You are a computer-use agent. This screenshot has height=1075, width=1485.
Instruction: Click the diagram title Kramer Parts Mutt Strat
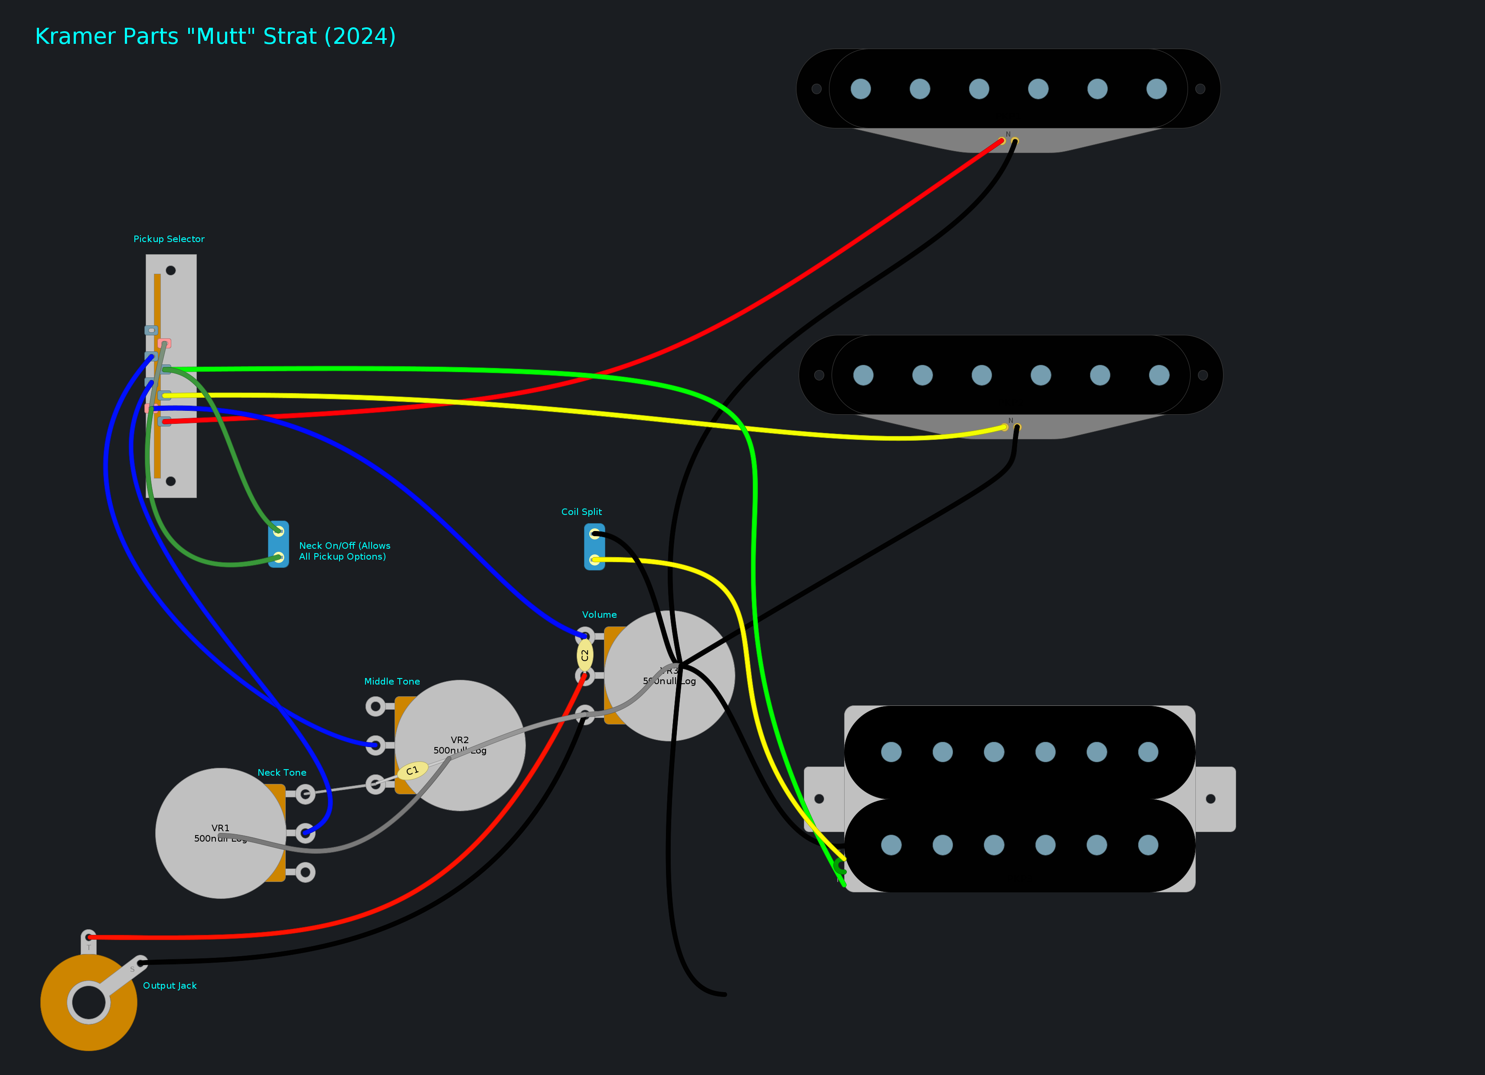coord(215,37)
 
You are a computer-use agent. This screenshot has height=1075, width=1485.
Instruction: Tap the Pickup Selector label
coord(169,239)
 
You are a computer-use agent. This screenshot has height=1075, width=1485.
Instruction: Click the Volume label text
coord(599,614)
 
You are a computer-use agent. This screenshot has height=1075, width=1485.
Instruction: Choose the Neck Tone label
coord(281,772)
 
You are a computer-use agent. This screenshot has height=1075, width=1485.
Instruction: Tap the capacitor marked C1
coord(412,770)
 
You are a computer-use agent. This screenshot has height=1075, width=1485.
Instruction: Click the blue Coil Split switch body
coord(594,547)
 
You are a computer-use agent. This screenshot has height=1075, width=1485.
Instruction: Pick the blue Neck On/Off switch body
coord(278,544)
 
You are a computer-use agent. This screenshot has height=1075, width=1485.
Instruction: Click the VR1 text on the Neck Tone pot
coord(221,828)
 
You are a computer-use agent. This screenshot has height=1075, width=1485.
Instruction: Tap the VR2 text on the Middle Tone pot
coord(460,740)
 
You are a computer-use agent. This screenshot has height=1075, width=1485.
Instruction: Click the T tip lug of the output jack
coord(88,943)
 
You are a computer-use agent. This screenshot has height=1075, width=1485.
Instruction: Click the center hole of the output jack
coord(88,1002)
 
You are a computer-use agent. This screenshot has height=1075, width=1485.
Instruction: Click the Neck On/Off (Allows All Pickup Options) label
coord(344,551)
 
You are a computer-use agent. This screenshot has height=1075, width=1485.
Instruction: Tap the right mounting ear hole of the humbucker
coord(1211,799)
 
